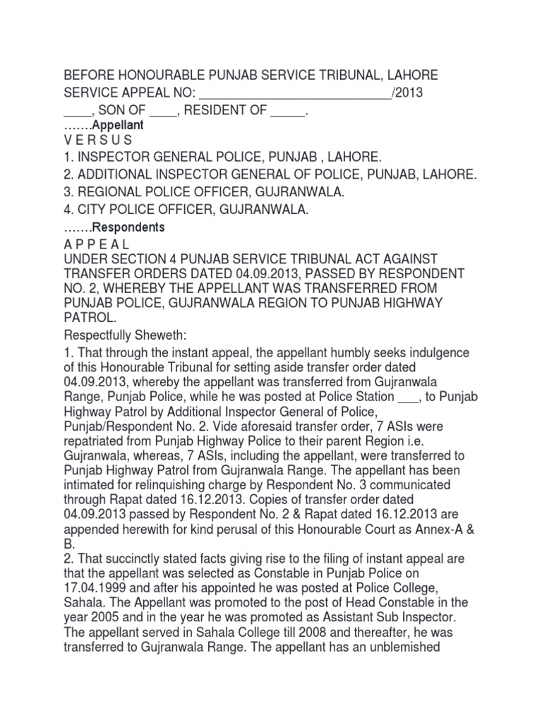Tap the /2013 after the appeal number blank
pos(411,93)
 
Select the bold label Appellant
pos(124,125)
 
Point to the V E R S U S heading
pos(97,140)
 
